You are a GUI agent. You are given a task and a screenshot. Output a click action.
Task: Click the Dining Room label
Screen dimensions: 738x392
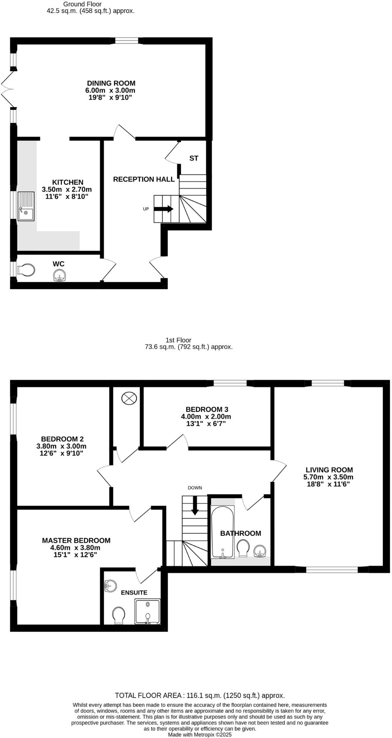click(x=111, y=83)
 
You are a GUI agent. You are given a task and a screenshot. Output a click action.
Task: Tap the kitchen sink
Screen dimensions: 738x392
click(x=26, y=214)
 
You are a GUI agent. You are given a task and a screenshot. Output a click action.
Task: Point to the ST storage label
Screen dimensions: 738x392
click(x=194, y=158)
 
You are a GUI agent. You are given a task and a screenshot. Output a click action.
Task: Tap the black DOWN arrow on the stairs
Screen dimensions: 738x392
click(x=195, y=506)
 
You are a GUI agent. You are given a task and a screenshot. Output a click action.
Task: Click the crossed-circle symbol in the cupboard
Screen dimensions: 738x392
click(x=129, y=398)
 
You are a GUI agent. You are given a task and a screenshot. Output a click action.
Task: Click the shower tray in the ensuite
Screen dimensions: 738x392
click(x=147, y=611)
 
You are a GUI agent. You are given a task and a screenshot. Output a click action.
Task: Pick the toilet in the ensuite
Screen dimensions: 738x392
click(x=118, y=615)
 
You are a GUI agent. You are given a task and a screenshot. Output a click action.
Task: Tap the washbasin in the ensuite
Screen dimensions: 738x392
click(x=110, y=585)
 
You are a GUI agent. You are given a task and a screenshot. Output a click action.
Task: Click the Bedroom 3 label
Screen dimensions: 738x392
click(x=207, y=409)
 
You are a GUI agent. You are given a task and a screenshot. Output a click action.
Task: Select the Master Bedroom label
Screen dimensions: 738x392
click(x=76, y=541)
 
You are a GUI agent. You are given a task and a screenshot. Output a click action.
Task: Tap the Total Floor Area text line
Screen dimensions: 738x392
click(x=199, y=695)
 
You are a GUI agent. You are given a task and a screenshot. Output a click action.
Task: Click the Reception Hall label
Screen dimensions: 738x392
click(x=144, y=179)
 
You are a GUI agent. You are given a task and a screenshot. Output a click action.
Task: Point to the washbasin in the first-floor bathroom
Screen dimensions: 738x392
click(x=260, y=551)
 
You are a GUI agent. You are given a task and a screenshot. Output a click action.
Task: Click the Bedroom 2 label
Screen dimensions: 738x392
click(x=62, y=439)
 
